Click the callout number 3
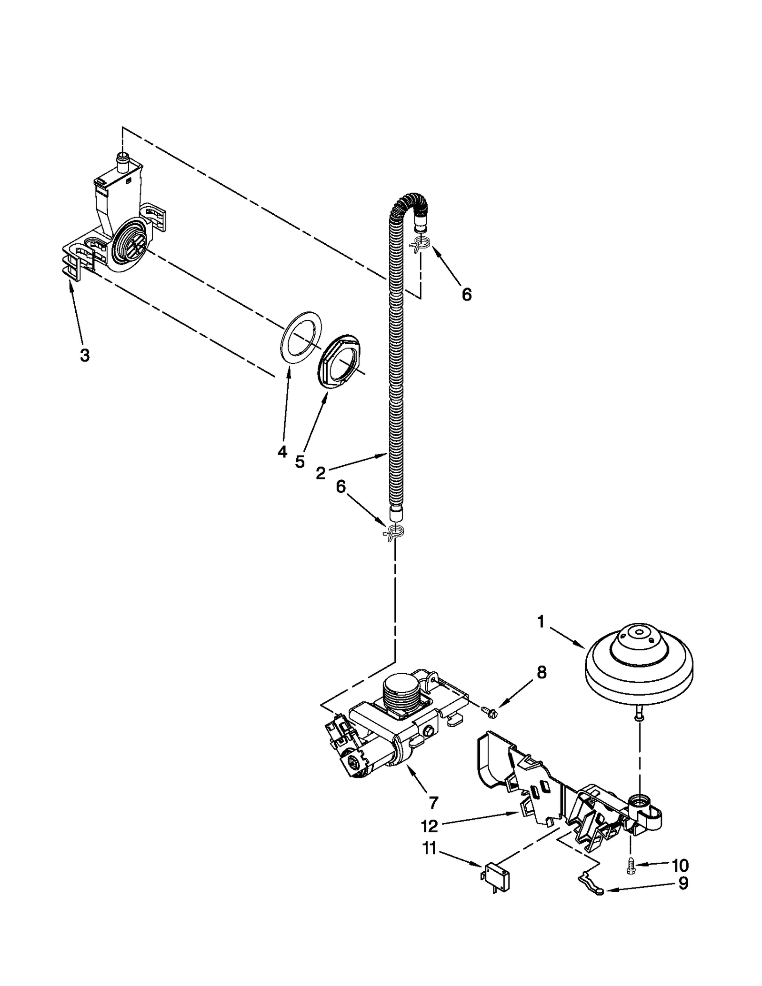[84, 355]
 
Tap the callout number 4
[282, 451]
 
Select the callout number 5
[300, 461]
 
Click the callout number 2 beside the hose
[321, 473]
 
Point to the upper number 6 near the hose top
[467, 295]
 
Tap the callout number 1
[541, 622]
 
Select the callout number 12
[429, 826]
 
